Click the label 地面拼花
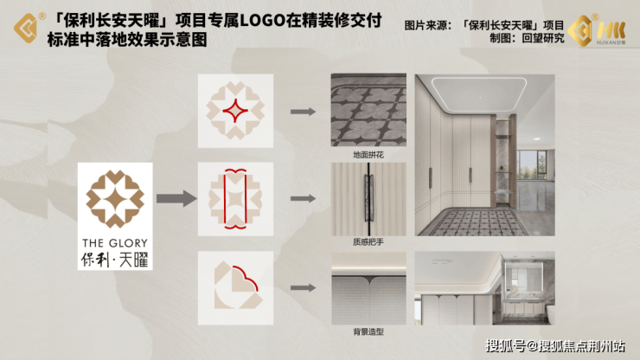click(x=368, y=155)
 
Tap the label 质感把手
click(x=368, y=242)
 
